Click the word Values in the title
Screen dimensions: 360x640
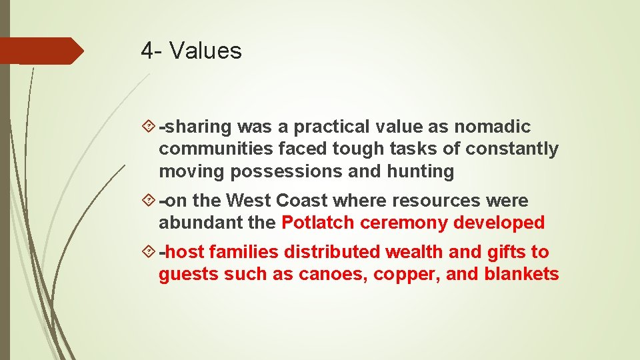[206, 51]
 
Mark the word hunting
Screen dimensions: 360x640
[420, 171]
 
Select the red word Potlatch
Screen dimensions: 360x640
[318, 223]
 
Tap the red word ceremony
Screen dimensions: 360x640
[404, 223]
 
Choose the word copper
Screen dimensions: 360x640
[398, 275]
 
